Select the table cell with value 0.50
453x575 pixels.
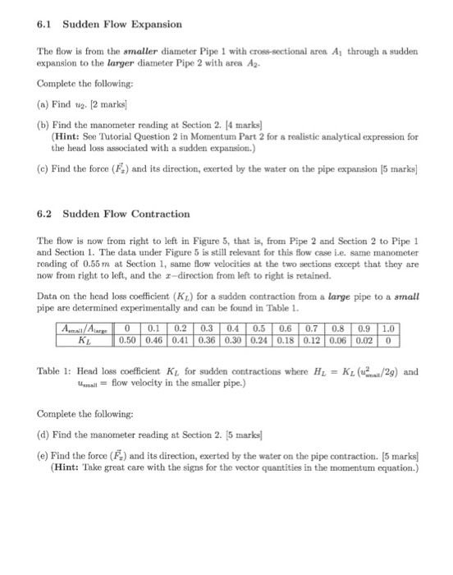point(128,338)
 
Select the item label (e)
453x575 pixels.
point(45,453)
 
